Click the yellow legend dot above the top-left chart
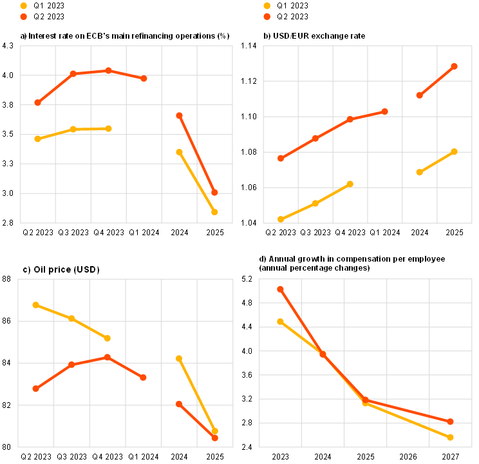pyautogui.click(x=24, y=6)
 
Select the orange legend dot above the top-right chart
pyautogui.click(x=267, y=17)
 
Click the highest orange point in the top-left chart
pyautogui.click(x=108, y=70)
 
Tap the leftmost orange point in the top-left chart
pyautogui.click(x=37, y=102)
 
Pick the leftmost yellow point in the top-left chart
pyautogui.click(x=37, y=139)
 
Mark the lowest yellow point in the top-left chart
pyautogui.click(x=214, y=211)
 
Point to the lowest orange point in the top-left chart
pyautogui.click(x=214, y=192)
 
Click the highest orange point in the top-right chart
pyautogui.click(x=455, y=66)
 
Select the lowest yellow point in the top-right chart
pyautogui.click(x=281, y=219)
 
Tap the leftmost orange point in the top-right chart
pyautogui.click(x=281, y=158)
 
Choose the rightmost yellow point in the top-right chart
pyautogui.click(x=455, y=151)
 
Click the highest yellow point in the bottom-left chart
pyautogui.click(x=35, y=305)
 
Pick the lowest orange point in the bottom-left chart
pyautogui.click(x=214, y=438)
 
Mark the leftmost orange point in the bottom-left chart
pyautogui.click(x=35, y=388)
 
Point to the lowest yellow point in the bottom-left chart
pyautogui.click(x=214, y=431)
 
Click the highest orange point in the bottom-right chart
pyautogui.click(x=280, y=289)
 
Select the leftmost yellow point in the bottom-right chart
pyautogui.click(x=280, y=321)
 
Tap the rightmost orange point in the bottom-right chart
pyautogui.click(x=451, y=421)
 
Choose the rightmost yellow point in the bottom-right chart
pyautogui.click(x=451, y=437)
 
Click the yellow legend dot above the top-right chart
pyautogui.click(x=267, y=6)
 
